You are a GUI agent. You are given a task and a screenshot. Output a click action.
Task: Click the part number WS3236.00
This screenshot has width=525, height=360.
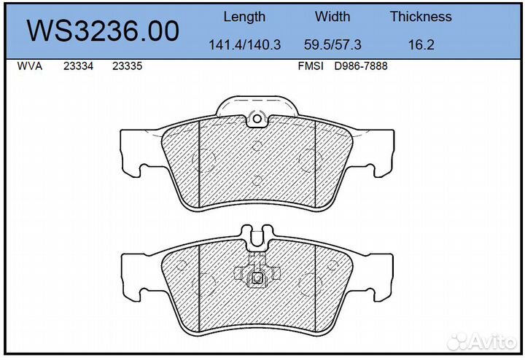click(103, 31)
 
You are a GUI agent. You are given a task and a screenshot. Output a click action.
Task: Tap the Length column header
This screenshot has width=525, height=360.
click(244, 17)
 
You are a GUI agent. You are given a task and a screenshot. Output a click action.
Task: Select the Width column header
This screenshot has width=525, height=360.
click(332, 17)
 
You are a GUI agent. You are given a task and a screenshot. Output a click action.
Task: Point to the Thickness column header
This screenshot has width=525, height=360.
click(421, 17)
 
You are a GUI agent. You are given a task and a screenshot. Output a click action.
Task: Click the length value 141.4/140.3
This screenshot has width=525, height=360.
click(244, 44)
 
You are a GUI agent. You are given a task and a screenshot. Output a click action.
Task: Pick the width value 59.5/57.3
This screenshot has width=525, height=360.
click(332, 44)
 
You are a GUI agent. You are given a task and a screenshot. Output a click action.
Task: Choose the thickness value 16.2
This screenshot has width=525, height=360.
click(421, 44)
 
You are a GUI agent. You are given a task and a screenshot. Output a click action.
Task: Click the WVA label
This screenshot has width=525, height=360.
click(30, 66)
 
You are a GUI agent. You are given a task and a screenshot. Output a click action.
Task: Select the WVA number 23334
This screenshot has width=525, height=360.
click(78, 66)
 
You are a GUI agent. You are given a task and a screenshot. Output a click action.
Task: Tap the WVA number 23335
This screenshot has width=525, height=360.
click(127, 66)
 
